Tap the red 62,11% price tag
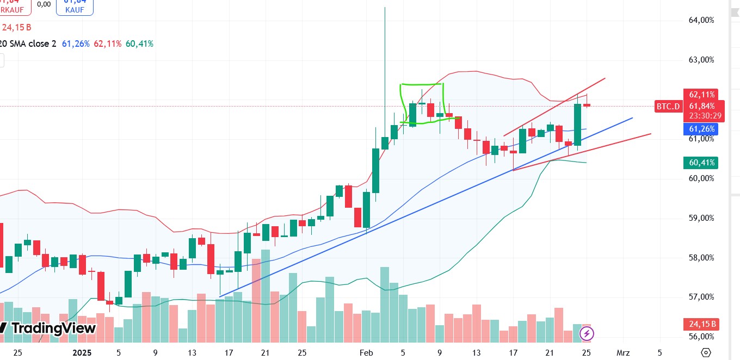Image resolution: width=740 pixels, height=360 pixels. click(x=701, y=95)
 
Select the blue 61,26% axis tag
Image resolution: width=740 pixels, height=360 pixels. click(x=701, y=129)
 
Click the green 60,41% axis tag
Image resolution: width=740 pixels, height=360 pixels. click(x=701, y=163)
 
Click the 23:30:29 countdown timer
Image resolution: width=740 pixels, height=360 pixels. click(x=706, y=116)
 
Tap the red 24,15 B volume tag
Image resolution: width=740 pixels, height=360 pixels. click(x=701, y=325)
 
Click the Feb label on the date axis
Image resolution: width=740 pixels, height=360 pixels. click(x=366, y=353)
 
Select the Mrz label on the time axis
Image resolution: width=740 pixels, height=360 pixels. click(x=623, y=353)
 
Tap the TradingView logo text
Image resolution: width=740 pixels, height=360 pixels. click(x=53, y=328)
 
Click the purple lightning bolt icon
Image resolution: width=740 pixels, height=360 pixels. click(x=587, y=333)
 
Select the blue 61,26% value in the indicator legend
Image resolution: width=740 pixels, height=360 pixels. click(x=76, y=44)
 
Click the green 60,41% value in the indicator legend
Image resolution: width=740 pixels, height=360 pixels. click(x=139, y=44)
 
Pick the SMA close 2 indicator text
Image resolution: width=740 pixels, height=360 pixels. click(x=34, y=44)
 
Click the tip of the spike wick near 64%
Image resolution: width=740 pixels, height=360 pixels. click(x=385, y=8)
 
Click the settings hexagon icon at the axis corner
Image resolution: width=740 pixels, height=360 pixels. click(x=706, y=352)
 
